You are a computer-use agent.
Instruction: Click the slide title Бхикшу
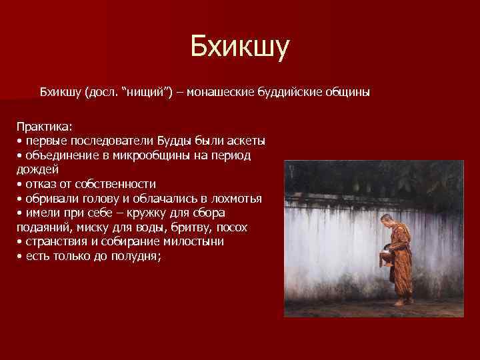point(239,47)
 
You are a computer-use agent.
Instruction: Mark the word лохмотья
point(235,198)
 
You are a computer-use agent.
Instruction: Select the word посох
point(230,227)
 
